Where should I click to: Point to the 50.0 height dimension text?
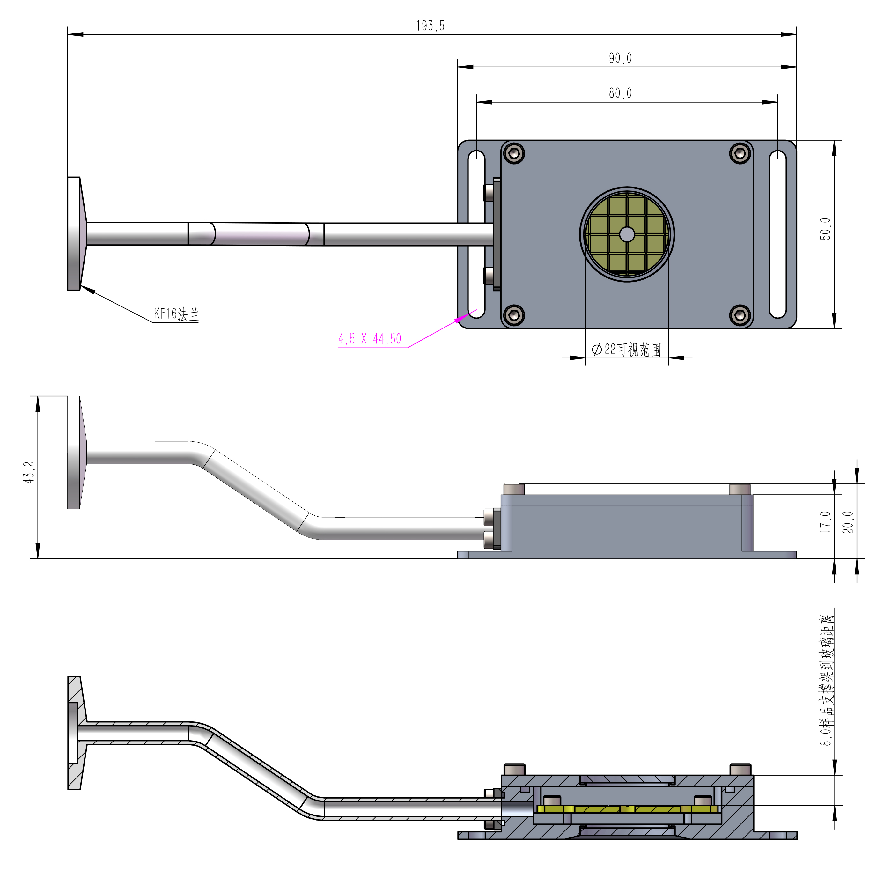coord(825,229)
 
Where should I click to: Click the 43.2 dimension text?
coord(29,473)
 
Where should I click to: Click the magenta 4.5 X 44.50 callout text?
coord(370,339)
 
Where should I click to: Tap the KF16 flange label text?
coord(176,314)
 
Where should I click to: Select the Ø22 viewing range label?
coord(626,350)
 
